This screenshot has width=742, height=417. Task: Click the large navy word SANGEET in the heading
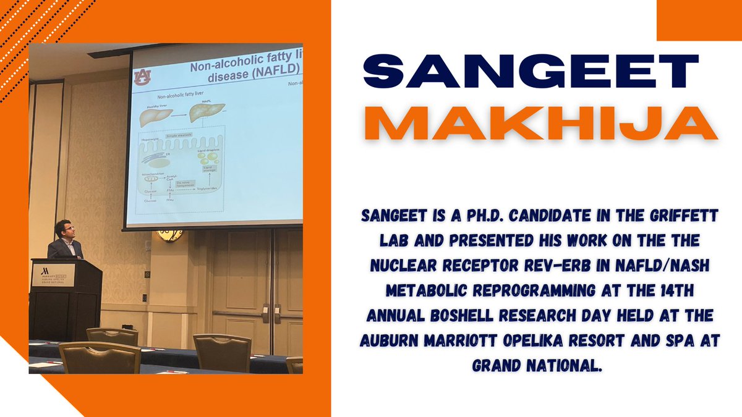coord(531,73)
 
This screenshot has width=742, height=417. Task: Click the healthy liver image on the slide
coord(153,117)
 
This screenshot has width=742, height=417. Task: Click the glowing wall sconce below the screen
coord(169,235)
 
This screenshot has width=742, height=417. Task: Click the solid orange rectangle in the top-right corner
coord(699,20)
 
